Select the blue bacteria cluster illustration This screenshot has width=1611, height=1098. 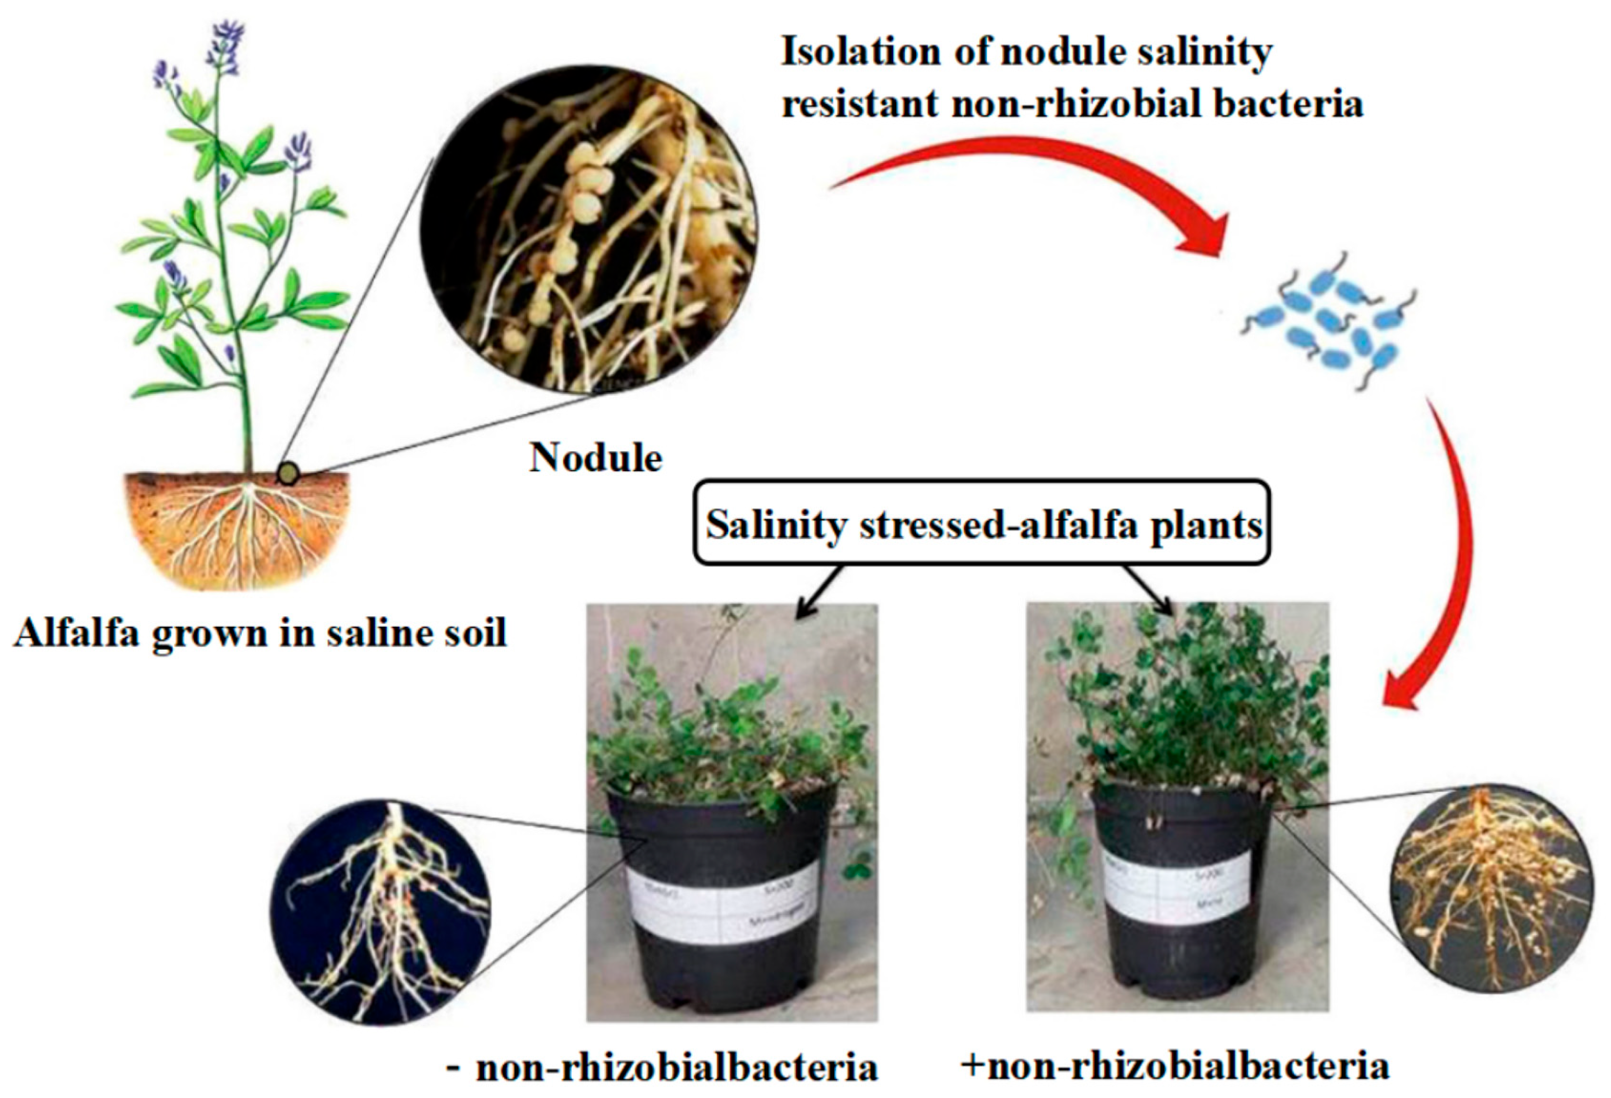point(1328,323)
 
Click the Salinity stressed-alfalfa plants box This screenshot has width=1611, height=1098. point(982,525)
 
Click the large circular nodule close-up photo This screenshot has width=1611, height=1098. point(588,229)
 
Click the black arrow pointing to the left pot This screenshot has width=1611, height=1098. point(818,593)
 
